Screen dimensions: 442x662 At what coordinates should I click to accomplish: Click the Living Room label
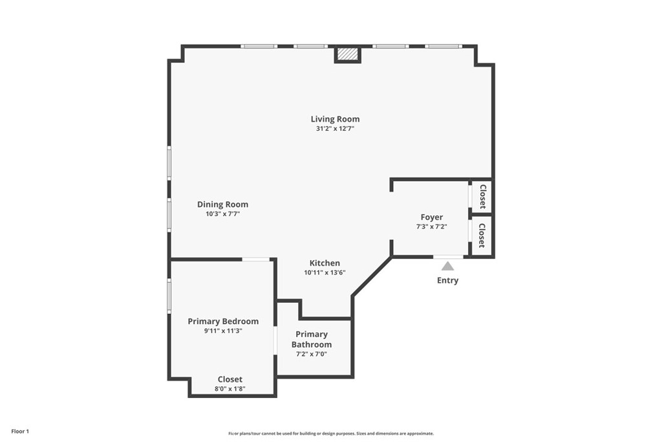pos(335,119)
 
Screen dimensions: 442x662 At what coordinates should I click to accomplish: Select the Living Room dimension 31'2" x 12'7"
pos(335,129)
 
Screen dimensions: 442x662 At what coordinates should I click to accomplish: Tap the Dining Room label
pos(222,204)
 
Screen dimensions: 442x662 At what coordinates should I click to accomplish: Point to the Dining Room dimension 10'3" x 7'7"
pos(222,214)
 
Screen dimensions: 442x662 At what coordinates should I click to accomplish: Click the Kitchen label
pos(325,263)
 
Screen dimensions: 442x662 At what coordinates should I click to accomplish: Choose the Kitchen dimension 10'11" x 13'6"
pos(325,272)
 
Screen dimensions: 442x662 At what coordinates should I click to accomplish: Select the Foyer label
pos(432,217)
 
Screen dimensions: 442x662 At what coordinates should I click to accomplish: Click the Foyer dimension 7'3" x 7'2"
pos(432,227)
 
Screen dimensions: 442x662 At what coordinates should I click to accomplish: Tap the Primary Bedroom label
pos(223,322)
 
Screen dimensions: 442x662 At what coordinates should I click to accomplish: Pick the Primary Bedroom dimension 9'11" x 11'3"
pos(223,331)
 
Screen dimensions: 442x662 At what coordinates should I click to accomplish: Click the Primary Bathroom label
pos(312,339)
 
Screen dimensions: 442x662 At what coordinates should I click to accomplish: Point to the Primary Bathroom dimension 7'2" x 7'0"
pos(312,354)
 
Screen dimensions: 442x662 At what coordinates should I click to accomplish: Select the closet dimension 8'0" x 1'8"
pos(230,389)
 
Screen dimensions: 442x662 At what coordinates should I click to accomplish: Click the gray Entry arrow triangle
pos(447,266)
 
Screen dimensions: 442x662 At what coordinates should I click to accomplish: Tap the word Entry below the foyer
pos(447,280)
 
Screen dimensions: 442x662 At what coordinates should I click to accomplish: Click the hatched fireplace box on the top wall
pos(348,54)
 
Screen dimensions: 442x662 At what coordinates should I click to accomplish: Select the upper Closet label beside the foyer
pos(482,197)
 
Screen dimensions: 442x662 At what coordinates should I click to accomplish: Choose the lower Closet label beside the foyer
pos(482,236)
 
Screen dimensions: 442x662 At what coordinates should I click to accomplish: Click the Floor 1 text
pos(20,431)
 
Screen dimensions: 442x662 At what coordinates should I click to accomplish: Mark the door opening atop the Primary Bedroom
pos(256,260)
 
